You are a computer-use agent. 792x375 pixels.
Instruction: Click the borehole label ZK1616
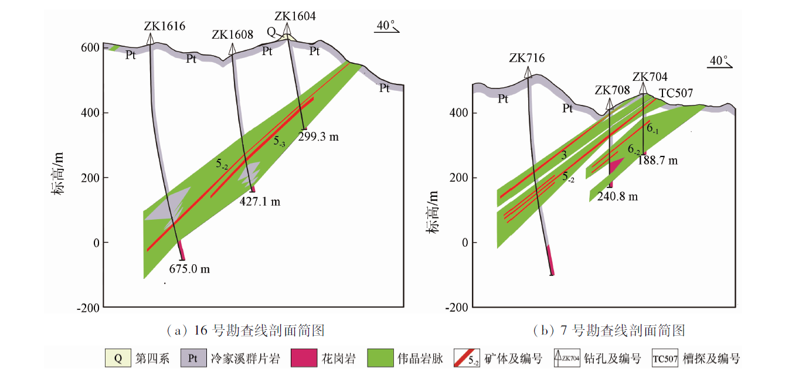tap(164, 26)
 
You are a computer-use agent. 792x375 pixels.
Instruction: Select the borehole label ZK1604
tap(295, 16)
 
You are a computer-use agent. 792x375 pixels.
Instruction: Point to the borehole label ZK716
tap(527, 58)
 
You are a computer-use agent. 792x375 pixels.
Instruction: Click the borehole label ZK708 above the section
tap(612, 90)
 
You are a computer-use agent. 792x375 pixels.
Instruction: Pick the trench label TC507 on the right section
tap(676, 93)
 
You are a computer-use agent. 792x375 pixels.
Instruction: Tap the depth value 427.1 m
tap(260, 202)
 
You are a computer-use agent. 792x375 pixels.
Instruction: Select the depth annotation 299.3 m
tap(319, 138)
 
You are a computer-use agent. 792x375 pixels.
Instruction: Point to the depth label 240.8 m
tap(617, 197)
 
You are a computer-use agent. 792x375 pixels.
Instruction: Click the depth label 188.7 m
tap(658, 161)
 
